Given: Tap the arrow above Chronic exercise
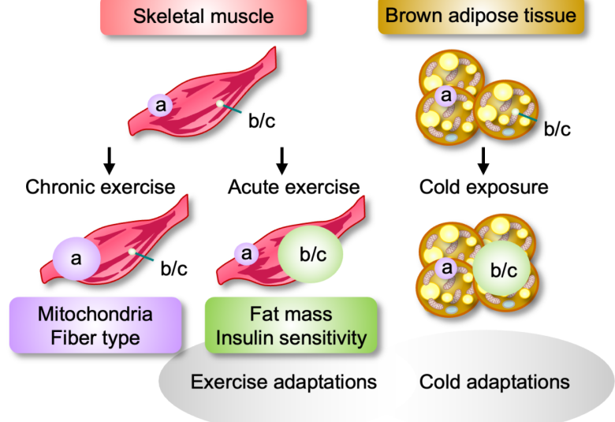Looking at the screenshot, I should click(110, 160).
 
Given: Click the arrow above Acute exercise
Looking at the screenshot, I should click(281, 160).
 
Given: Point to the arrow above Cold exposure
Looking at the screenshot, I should click(484, 160).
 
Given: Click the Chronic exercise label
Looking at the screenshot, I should click(100, 188).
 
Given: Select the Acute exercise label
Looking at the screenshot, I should click(293, 188).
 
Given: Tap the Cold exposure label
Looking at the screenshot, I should click(484, 188).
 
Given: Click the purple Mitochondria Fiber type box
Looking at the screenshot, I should click(95, 326).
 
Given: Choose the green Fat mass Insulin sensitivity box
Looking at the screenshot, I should click(291, 326).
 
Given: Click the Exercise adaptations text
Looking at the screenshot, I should click(283, 383).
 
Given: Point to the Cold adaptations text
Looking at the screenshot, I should click(494, 383).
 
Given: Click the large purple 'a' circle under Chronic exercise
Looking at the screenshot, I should click(76, 257).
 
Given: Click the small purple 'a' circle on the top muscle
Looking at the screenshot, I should click(160, 104).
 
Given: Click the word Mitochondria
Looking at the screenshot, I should click(95, 315).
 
